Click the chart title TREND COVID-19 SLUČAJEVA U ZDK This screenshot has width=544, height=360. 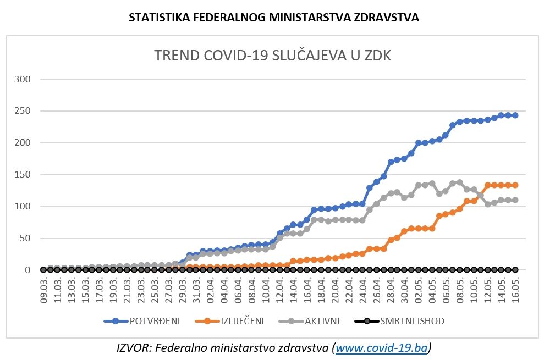click(x=272, y=56)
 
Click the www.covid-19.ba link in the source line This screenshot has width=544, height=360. click(x=382, y=347)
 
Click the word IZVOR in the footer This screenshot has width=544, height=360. click(x=131, y=347)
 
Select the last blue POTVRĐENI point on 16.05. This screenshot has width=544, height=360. click(x=515, y=115)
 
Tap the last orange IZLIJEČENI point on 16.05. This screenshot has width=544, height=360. click(x=515, y=185)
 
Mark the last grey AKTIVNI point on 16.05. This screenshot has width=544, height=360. click(x=515, y=200)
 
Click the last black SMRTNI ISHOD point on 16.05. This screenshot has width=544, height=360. click(x=515, y=270)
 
